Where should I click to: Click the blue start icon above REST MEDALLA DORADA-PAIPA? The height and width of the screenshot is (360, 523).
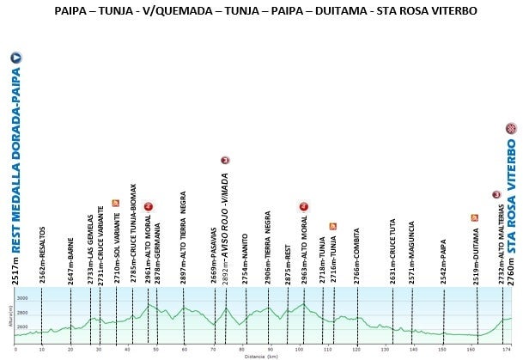click(x=15, y=58)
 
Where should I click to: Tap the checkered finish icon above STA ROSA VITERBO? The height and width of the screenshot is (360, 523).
click(x=511, y=129)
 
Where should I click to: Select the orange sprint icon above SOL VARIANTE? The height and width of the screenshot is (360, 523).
click(x=115, y=203)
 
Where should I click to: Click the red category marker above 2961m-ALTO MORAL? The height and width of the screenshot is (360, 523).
click(x=148, y=206)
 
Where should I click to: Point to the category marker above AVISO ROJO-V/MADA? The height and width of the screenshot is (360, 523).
click(x=224, y=160)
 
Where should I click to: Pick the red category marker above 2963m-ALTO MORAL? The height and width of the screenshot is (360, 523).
click(x=303, y=206)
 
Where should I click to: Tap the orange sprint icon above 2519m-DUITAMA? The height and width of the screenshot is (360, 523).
click(x=474, y=217)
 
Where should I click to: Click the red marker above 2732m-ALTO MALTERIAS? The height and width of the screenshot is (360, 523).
click(x=496, y=195)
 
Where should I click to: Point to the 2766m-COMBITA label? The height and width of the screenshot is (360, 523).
click(x=356, y=257)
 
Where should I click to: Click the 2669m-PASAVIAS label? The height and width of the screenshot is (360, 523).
click(x=213, y=256)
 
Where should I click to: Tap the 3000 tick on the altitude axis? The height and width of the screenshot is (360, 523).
click(x=23, y=297)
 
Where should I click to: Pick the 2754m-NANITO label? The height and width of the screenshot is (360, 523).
click(x=245, y=258)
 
